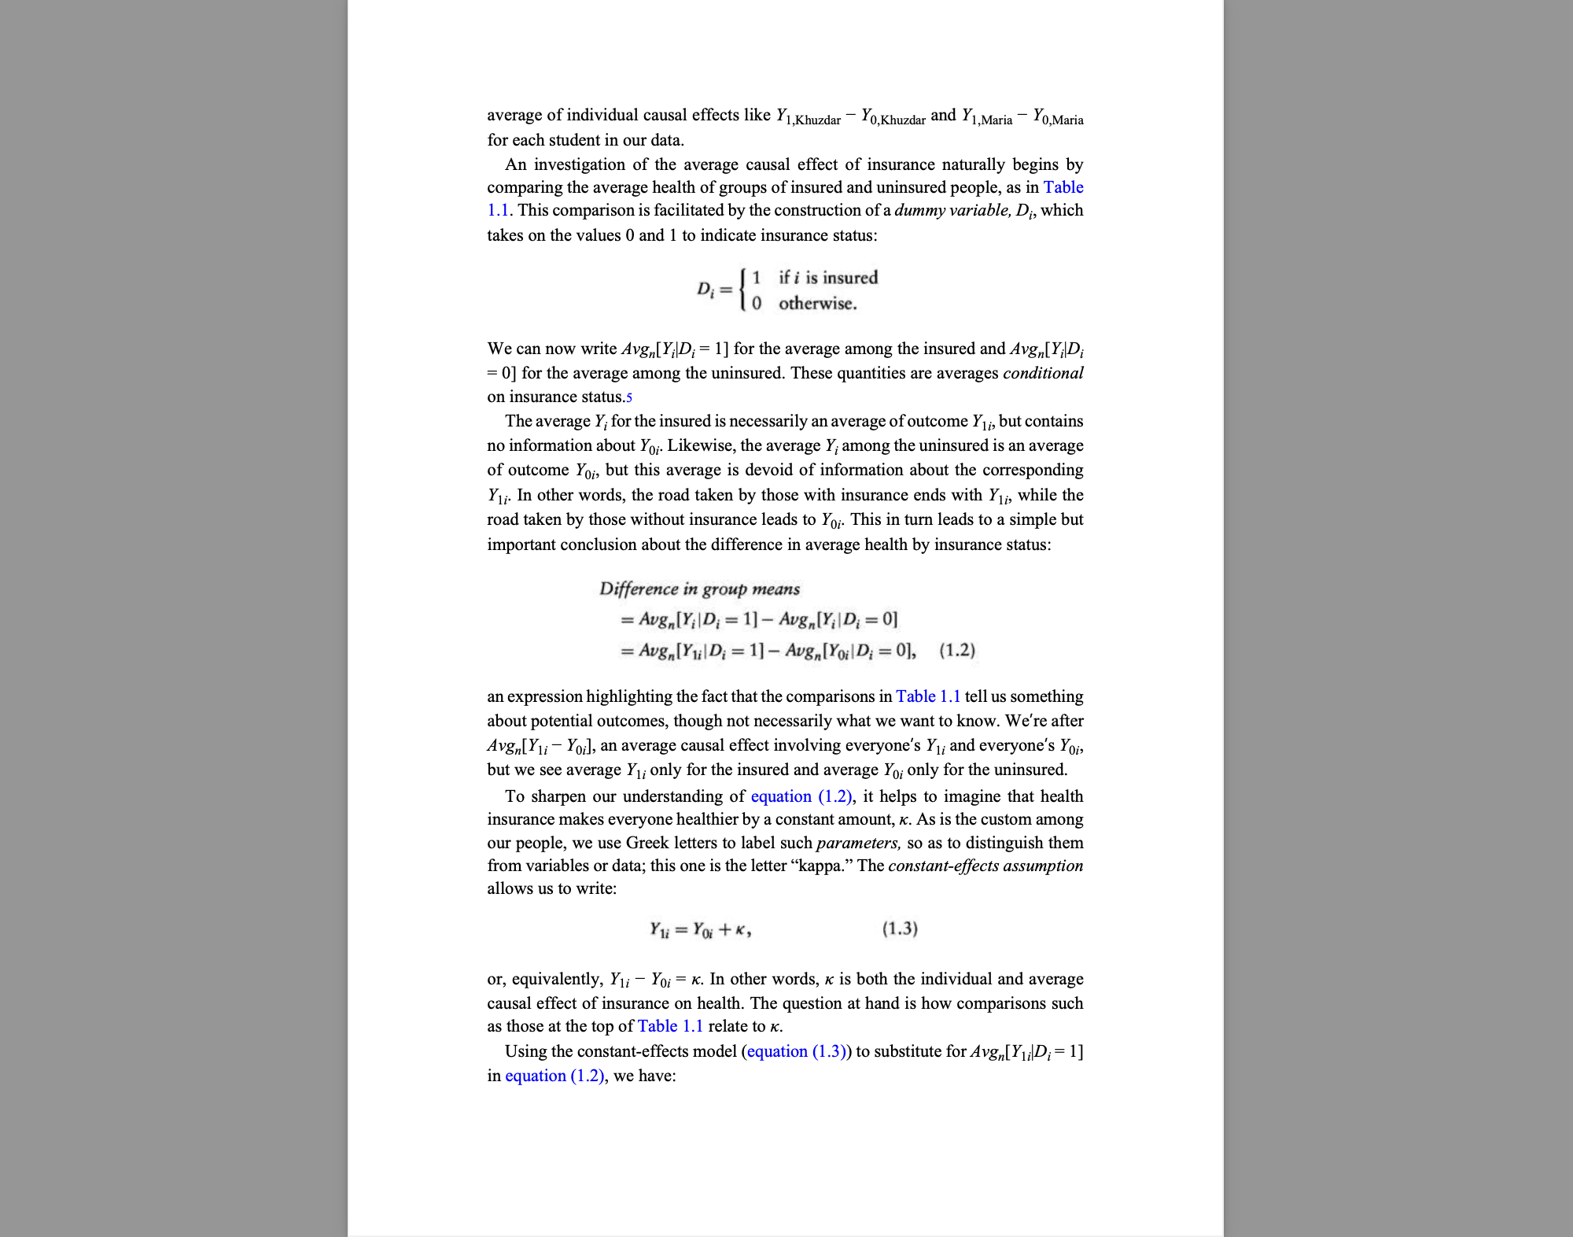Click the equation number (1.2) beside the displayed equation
coord(957,651)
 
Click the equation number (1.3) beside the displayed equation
coord(900,929)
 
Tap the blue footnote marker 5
coord(629,397)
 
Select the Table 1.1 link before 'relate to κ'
coord(670,1026)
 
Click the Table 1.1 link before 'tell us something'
coord(928,696)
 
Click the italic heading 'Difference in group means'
coord(699,589)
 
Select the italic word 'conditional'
coord(1043,373)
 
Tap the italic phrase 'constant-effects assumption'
coord(985,866)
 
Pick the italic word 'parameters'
coord(857,843)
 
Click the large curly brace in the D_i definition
coord(743,290)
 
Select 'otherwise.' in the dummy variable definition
coord(818,304)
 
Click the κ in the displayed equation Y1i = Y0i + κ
coord(742,929)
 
